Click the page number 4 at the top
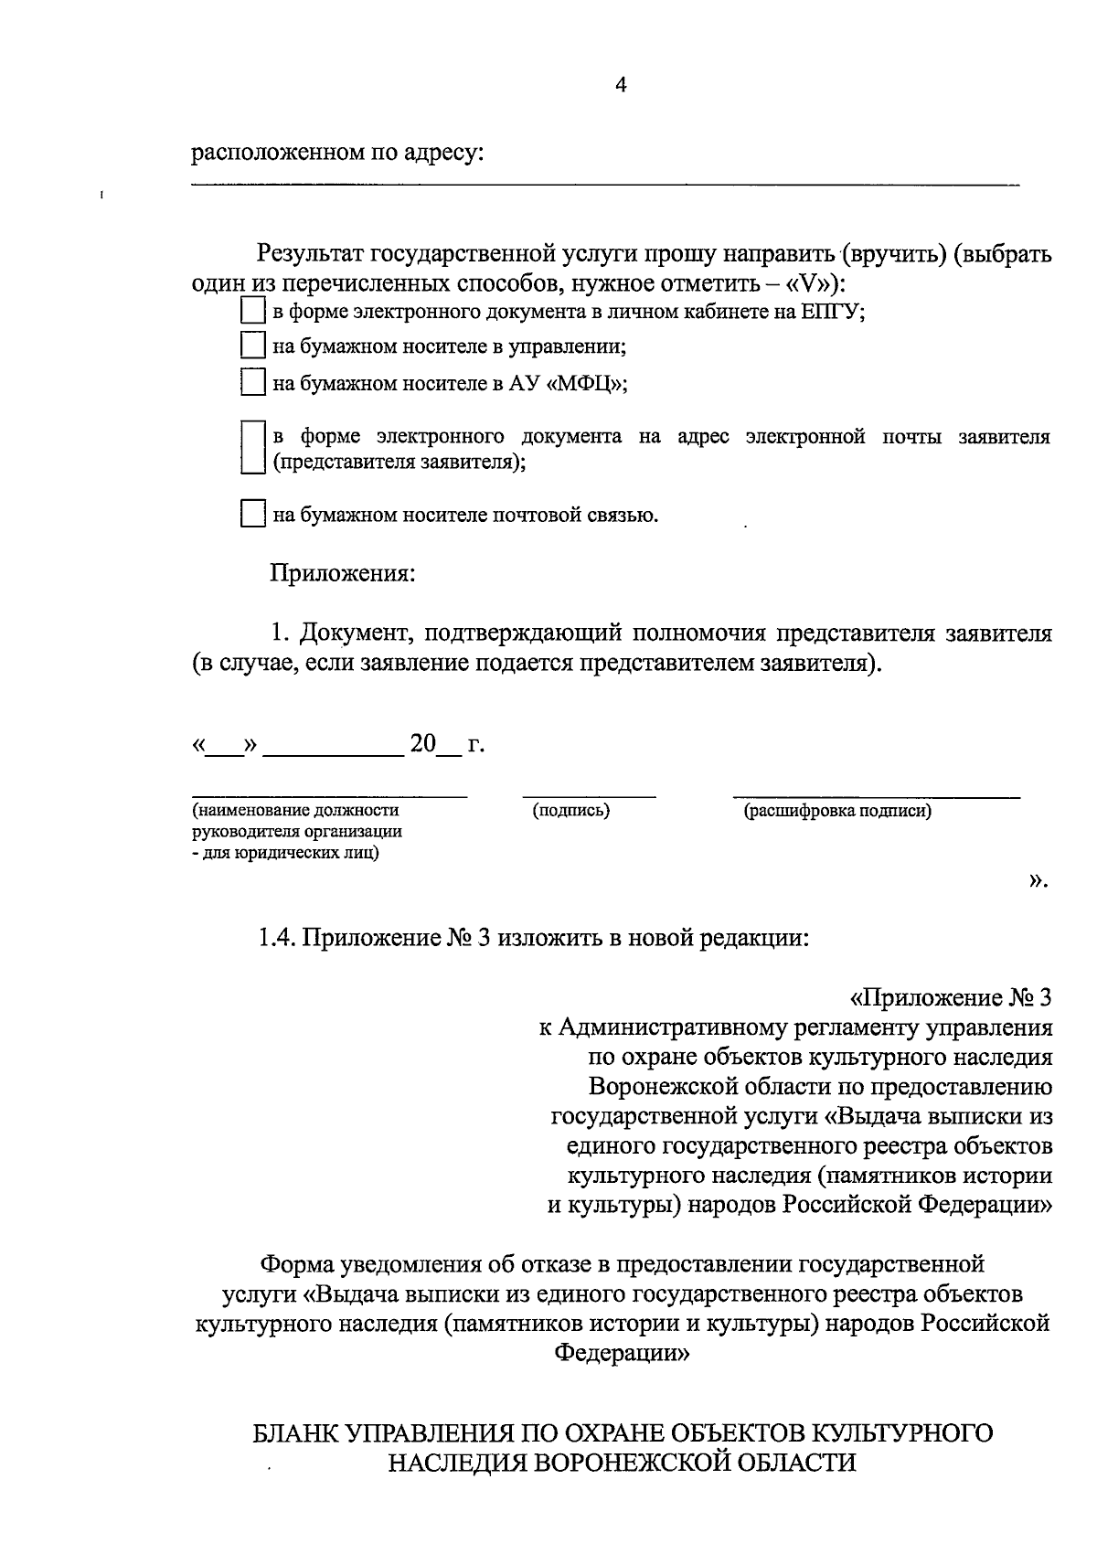click(x=622, y=86)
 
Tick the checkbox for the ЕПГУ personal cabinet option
click(x=251, y=312)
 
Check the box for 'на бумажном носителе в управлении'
click(x=251, y=346)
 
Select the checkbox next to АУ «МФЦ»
click(x=251, y=382)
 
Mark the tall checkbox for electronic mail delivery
click(x=251, y=447)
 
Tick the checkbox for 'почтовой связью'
click(x=251, y=514)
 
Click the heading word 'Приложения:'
click(x=342, y=574)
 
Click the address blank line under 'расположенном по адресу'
click(x=603, y=185)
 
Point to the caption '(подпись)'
click(x=571, y=810)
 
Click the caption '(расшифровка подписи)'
click(x=837, y=810)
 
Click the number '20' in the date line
click(x=423, y=745)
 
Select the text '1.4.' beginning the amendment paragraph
click(x=277, y=938)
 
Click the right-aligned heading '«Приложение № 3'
click(x=951, y=996)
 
